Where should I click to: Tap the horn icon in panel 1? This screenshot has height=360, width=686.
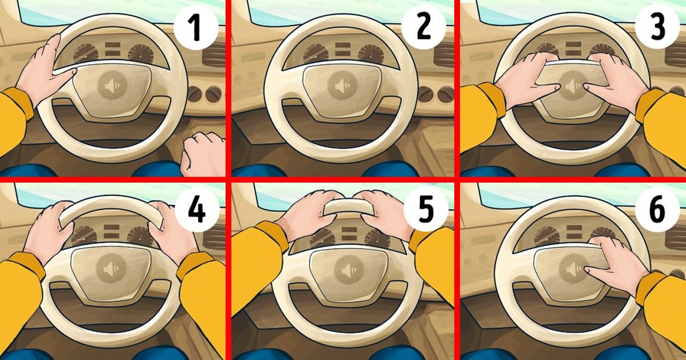point(113,87)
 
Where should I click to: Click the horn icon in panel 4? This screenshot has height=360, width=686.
point(113,268)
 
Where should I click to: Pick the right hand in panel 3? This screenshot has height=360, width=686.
point(615,80)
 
